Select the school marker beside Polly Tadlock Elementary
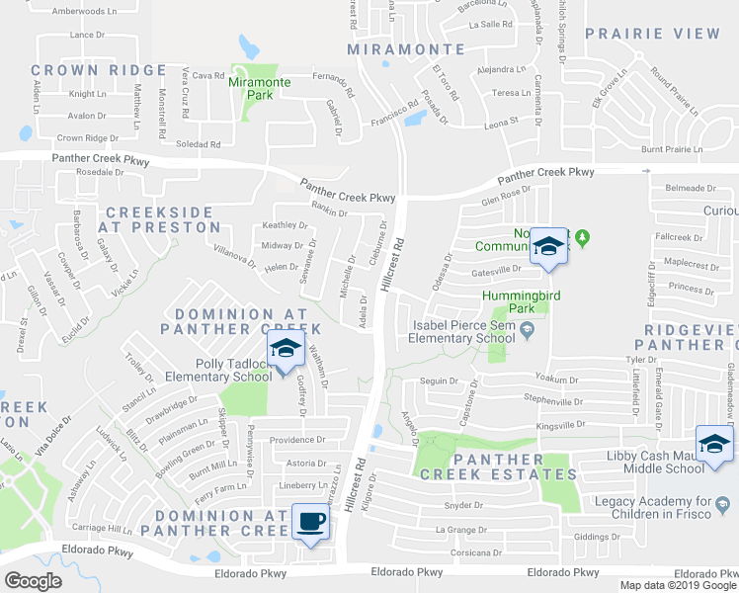click(285, 350)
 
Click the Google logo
click(33, 581)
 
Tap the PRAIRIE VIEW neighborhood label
click(652, 34)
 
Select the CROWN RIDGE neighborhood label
click(98, 70)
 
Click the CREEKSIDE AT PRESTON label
click(159, 219)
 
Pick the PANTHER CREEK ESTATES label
click(498, 466)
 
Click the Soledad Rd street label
click(201, 144)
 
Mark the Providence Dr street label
click(297, 440)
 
